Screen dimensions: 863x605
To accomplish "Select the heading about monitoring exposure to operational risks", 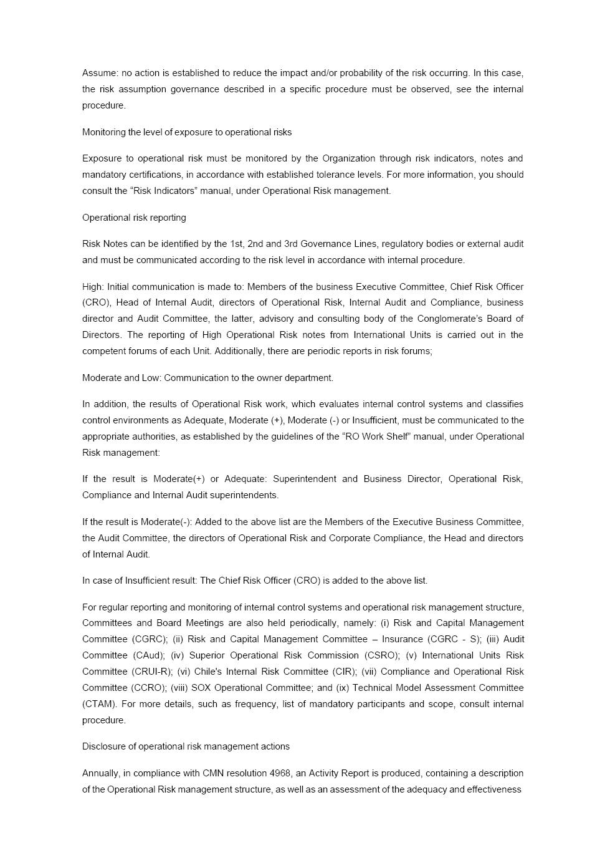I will coord(187,132).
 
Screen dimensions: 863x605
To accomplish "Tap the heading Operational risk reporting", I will coord(134,218).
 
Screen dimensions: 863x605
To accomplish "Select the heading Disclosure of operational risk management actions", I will coord(186,746).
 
